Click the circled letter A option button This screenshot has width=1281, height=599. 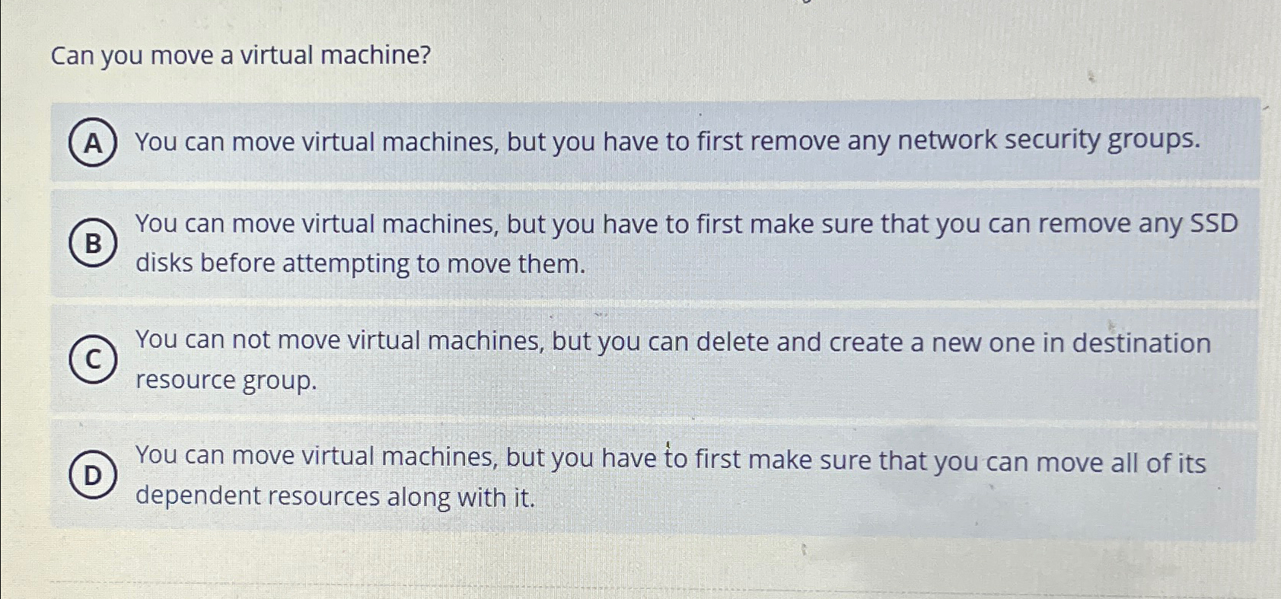click(93, 142)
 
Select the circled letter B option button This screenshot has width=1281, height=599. click(93, 244)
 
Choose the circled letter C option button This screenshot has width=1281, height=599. click(93, 359)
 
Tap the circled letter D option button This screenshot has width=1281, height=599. click(93, 476)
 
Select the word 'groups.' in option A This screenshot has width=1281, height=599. click(1153, 140)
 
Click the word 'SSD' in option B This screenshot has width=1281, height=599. click(1213, 223)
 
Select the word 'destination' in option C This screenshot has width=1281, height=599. click(1141, 343)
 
